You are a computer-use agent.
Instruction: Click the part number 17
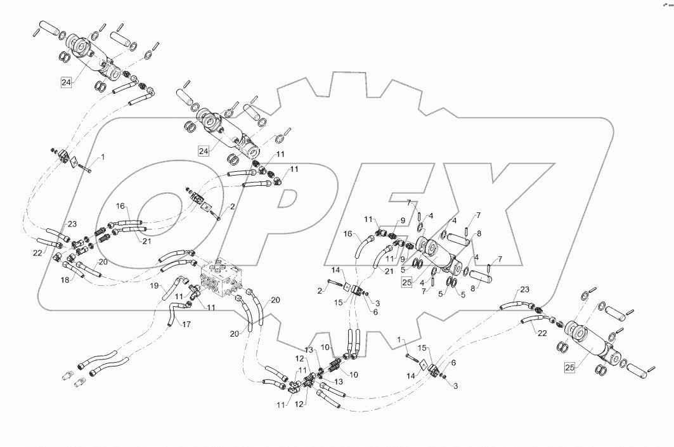click(x=186, y=325)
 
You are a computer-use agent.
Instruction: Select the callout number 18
click(x=65, y=279)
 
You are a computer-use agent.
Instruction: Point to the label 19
click(x=154, y=286)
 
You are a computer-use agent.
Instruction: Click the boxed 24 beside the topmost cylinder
click(x=66, y=81)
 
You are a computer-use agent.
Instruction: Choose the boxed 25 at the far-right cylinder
click(x=571, y=367)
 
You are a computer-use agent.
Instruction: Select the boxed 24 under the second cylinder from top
click(x=204, y=151)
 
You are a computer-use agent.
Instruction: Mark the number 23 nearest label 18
click(x=72, y=223)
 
